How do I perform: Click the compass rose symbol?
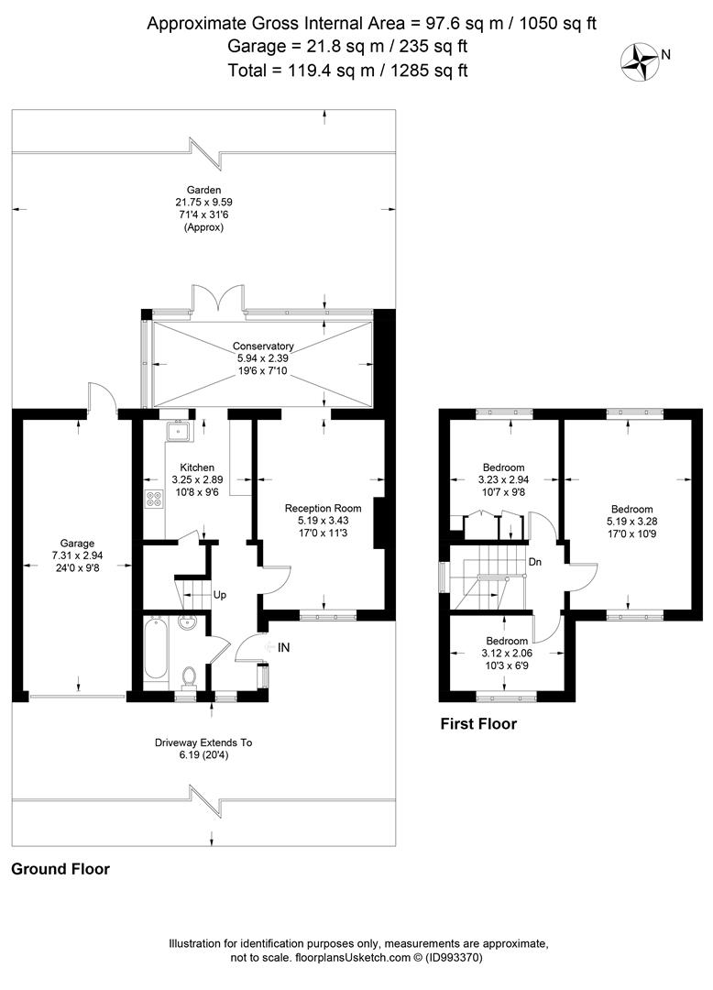(x=640, y=62)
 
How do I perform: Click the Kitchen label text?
(x=197, y=467)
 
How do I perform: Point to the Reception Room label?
(x=324, y=508)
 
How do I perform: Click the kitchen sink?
(x=179, y=431)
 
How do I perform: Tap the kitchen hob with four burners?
(x=153, y=500)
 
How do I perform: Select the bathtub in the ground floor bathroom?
(x=156, y=649)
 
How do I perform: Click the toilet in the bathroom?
(x=189, y=676)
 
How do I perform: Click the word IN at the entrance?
(x=284, y=647)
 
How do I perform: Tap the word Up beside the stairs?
(x=220, y=595)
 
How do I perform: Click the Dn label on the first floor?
(x=534, y=561)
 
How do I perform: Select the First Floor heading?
(x=478, y=723)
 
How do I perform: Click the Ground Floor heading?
(x=60, y=869)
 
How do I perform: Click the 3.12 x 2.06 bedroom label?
(x=507, y=653)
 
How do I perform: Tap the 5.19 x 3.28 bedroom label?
(x=631, y=522)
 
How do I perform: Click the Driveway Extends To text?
(x=203, y=742)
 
